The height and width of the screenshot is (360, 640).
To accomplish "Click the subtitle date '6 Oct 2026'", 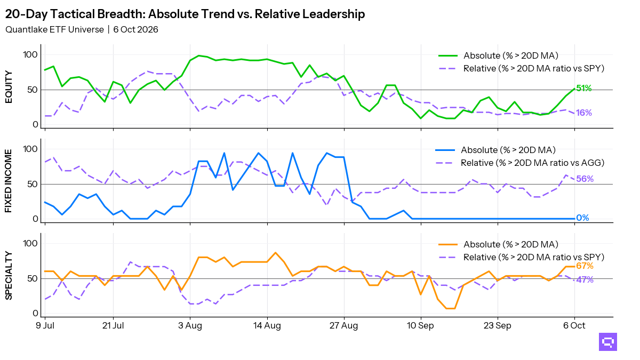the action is point(135,29).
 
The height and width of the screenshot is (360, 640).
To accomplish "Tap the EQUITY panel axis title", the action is point(9,87).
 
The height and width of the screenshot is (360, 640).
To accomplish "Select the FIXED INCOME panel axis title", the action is point(9,181).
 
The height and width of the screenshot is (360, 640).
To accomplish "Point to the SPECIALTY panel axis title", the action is point(9,275).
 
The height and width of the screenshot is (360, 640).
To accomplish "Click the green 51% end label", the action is point(584,89).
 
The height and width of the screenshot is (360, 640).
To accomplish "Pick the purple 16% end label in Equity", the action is point(584,113).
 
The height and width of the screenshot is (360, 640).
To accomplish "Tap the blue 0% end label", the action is point(582,218).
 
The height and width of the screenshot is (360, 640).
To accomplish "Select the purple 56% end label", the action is point(585,179).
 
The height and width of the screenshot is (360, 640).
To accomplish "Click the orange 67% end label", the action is point(585,266).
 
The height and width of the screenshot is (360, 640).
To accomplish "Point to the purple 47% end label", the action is point(585,279).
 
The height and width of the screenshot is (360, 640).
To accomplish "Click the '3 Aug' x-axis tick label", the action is point(190,326).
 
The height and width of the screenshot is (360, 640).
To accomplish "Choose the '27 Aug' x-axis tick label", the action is point(343,326).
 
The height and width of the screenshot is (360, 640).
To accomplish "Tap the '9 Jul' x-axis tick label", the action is point(45,326).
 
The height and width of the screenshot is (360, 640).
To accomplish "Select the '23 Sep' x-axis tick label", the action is point(498,326).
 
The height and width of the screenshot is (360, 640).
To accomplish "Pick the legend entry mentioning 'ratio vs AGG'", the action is point(519,163).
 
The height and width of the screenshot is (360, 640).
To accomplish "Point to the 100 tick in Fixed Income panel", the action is point(30,149).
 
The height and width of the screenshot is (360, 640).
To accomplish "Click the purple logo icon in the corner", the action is point(608,342).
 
